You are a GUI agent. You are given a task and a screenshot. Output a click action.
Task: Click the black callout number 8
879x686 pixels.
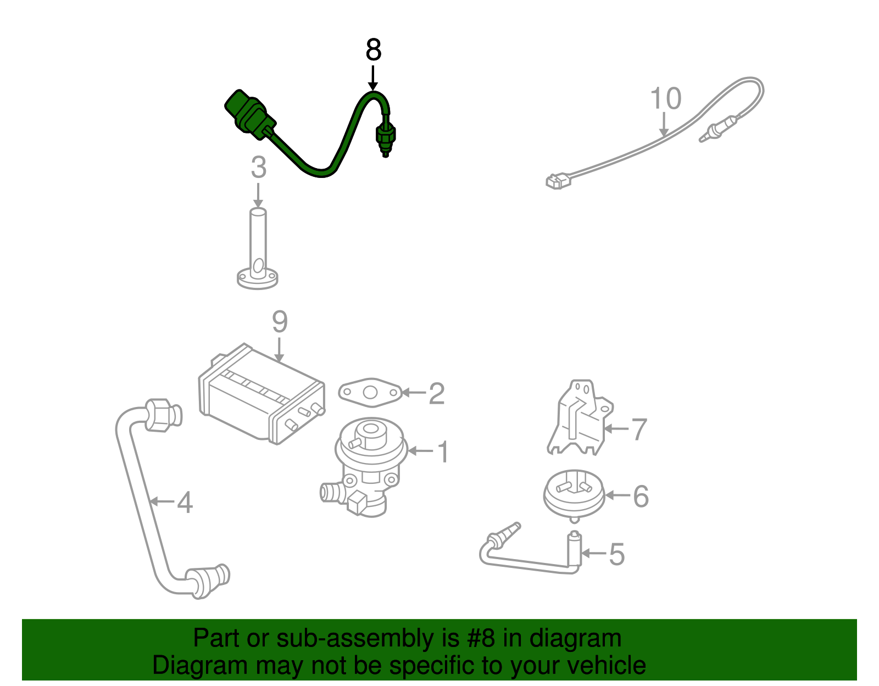373,51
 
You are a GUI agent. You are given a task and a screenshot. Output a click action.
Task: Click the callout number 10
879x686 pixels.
665,99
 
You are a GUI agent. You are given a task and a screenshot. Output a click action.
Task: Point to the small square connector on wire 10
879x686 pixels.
557,181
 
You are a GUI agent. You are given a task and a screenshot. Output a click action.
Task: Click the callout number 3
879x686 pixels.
258,168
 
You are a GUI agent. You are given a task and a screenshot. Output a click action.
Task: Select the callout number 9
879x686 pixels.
280,322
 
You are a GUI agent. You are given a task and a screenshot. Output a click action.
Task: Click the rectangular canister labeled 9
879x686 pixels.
261,395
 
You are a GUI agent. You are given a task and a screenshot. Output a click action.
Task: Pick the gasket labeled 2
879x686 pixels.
370,392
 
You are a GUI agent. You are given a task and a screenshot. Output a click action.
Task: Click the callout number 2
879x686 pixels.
436,394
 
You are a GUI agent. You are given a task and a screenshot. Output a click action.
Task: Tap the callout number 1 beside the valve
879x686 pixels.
443,452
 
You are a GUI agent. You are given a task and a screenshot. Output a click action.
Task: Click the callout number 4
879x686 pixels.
185,503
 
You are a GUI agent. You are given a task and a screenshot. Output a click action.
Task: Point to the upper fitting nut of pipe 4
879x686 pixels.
159,415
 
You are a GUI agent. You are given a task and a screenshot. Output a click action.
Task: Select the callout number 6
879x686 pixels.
641,496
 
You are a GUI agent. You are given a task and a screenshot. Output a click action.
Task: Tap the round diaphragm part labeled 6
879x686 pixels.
574,494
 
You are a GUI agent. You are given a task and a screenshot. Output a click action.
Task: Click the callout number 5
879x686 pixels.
617,554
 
